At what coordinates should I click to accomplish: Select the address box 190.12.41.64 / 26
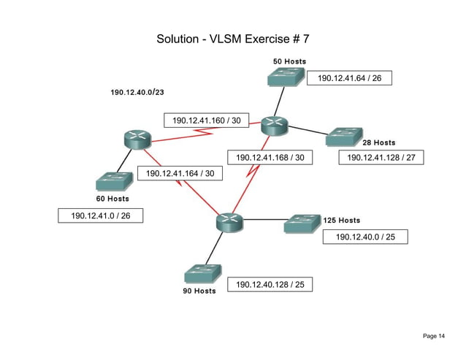point(349,78)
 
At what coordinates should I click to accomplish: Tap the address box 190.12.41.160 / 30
point(206,120)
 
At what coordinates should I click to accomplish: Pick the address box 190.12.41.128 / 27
point(381,157)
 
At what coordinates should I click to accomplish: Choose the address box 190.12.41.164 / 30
point(180,174)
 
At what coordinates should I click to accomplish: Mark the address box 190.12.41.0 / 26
point(100,215)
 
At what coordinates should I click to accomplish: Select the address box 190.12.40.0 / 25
point(365,237)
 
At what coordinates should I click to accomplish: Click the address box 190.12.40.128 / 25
point(270,285)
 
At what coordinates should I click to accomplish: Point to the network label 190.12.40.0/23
point(137,93)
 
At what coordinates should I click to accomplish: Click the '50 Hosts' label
point(289,61)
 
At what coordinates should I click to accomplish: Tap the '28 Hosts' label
point(379,142)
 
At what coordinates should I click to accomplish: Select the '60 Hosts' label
point(112,198)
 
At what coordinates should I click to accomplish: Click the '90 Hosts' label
point(199,291)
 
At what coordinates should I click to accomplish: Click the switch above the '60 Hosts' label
point(113,181)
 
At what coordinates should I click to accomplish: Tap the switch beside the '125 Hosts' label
point(302,223)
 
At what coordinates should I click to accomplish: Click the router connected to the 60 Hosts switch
point(137,139)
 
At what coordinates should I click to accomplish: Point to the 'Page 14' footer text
point(433,336)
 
